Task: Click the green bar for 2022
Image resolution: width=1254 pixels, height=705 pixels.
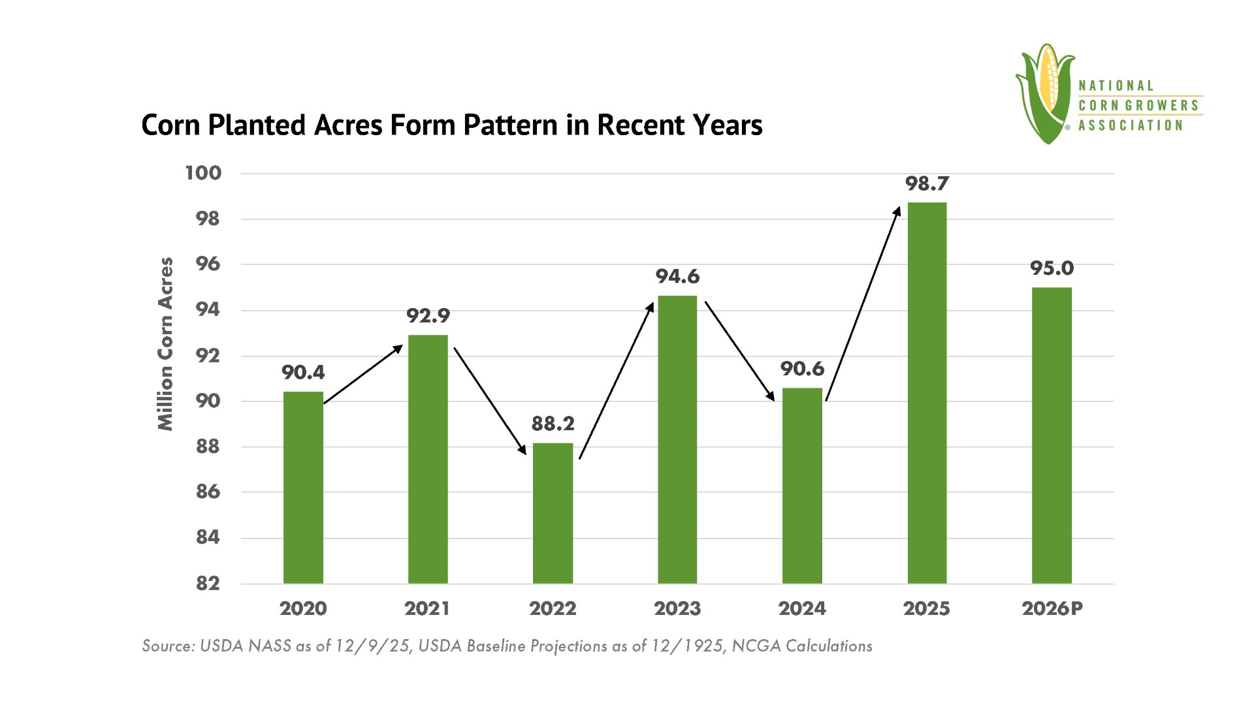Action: coord(553,513)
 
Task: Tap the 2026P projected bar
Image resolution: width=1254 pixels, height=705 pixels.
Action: coord(1052,435)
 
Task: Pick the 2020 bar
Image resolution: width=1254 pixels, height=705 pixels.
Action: coord(303,488)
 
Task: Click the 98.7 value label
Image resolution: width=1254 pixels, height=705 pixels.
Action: coord(927,184)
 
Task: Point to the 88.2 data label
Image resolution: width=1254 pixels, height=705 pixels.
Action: coord(553,424)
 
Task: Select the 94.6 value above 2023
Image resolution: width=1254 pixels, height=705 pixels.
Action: coord(677,277)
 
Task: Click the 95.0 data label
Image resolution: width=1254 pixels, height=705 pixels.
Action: coord(1052,268)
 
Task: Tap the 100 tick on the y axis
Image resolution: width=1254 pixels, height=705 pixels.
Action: coord(203,173)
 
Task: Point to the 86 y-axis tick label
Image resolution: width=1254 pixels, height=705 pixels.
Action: coord(208,492)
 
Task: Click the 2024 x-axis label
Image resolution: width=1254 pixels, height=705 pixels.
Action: coord(802,608)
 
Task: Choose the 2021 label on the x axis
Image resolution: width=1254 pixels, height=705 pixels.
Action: coord(427,608)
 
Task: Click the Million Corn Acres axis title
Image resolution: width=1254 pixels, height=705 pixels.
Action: coord(166,344)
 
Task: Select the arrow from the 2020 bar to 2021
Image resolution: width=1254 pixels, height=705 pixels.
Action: coord(363,374)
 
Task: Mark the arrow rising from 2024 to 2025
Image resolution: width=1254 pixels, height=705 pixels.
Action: coord(863,304)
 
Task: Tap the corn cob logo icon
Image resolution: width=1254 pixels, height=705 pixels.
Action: coord(1045,93)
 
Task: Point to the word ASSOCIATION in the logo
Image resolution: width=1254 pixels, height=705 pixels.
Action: coord(1130,125)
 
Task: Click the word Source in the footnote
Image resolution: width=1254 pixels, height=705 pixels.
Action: coord(168,646)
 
